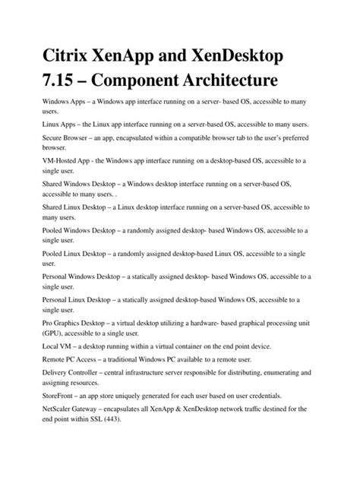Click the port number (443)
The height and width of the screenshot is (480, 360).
111,419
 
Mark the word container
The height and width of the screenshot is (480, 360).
202,346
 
